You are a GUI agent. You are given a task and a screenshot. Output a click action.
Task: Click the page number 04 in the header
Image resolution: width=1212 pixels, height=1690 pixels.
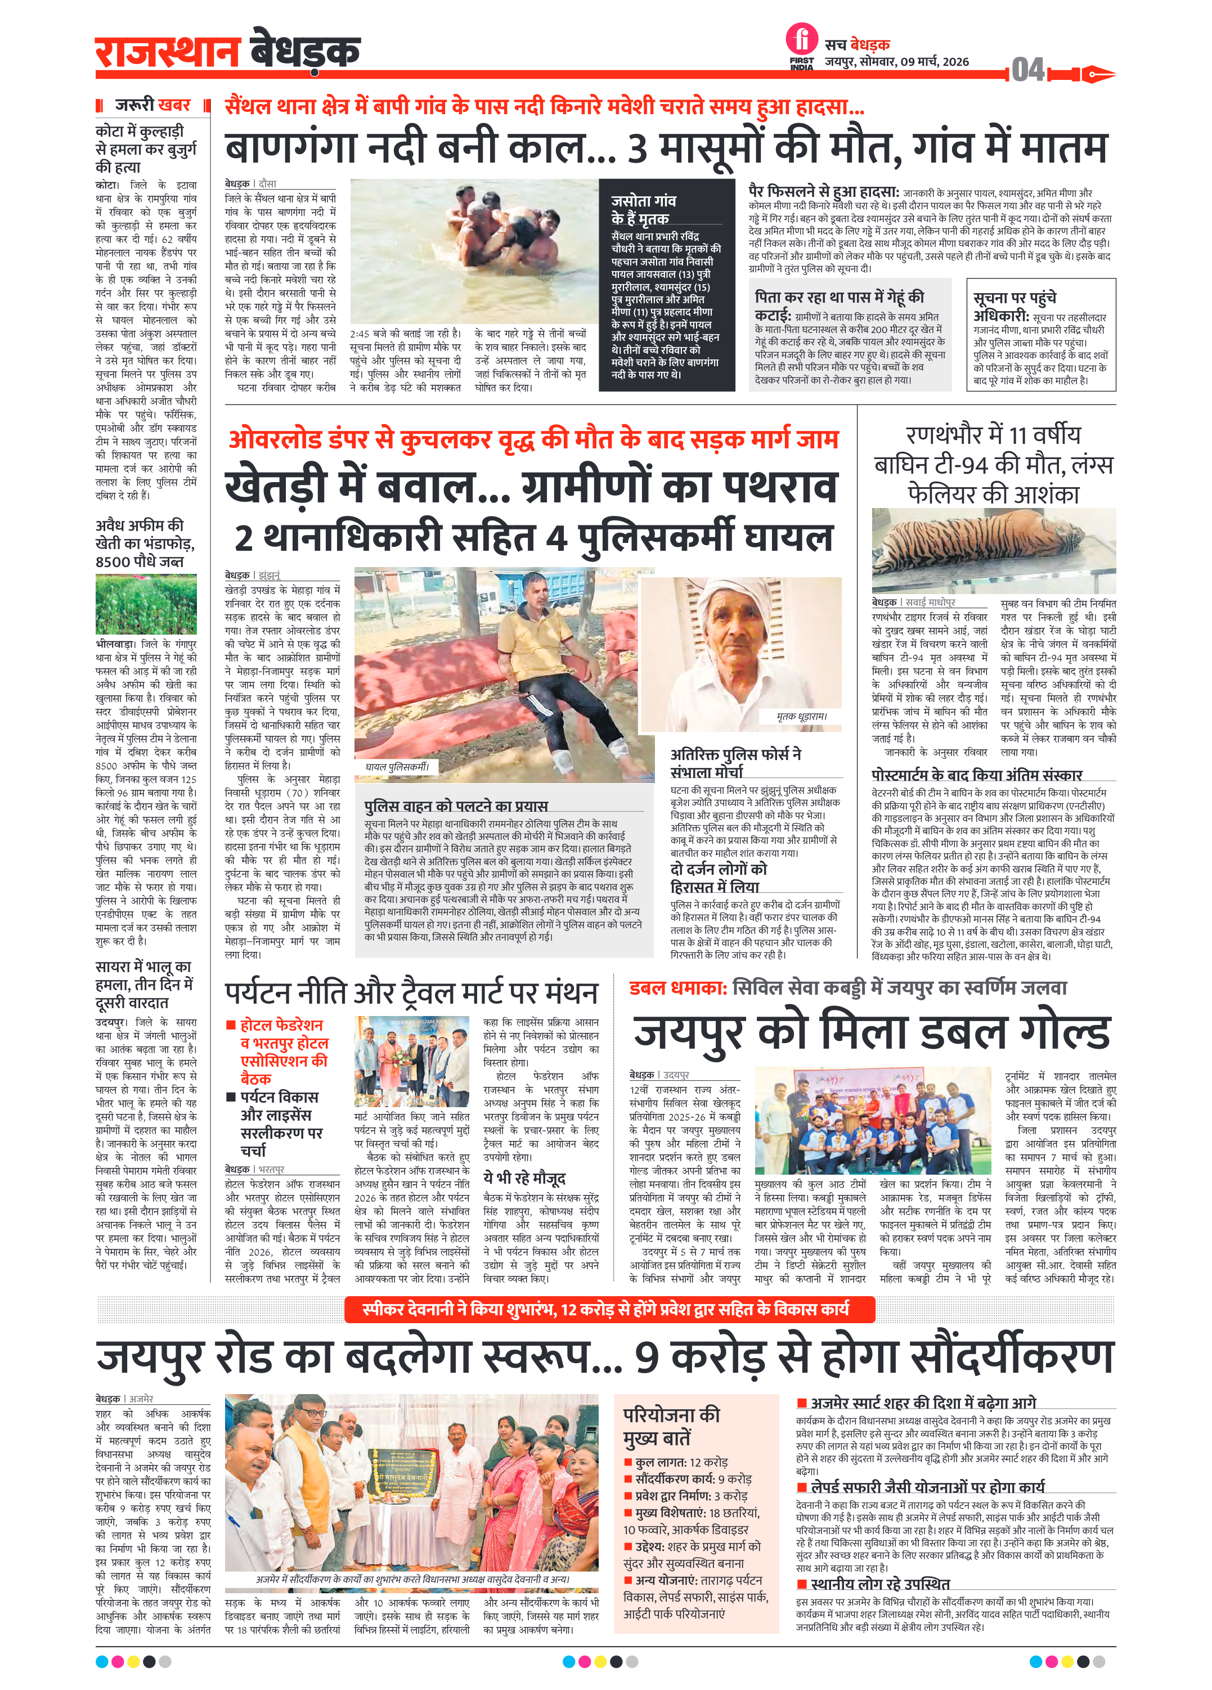coord(1028,71)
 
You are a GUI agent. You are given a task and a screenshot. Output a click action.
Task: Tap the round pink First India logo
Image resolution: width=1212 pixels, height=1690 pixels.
coord(801,39)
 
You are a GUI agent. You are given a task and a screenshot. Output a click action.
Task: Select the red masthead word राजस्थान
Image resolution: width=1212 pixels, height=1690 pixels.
coord(167,52)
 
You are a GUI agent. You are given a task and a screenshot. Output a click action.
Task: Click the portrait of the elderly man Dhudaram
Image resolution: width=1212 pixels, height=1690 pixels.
coord(741,654)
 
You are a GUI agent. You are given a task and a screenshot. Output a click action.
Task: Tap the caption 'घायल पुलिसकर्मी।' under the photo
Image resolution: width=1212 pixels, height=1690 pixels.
coord(397,766)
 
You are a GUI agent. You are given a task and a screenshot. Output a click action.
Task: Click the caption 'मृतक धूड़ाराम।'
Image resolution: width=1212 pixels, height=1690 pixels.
coord(801,716)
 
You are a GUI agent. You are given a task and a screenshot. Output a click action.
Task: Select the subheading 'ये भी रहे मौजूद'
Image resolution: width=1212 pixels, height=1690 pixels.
coord(524,1177)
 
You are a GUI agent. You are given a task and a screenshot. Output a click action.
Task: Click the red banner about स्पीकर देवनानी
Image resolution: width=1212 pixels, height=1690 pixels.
coord(609,1309)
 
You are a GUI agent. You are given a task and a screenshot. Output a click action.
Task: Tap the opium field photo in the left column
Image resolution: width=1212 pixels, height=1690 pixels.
coord(146,604)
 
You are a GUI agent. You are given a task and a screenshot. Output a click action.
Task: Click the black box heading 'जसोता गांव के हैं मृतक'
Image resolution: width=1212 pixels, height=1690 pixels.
coord(644,209)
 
